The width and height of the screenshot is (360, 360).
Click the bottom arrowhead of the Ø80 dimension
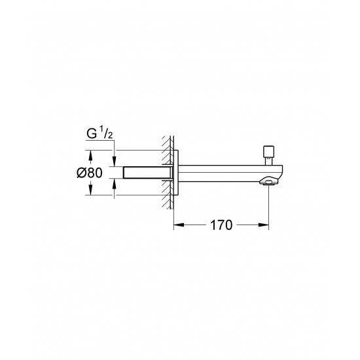click(91, 192)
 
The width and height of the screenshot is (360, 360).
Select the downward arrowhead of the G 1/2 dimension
click(115, 162)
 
